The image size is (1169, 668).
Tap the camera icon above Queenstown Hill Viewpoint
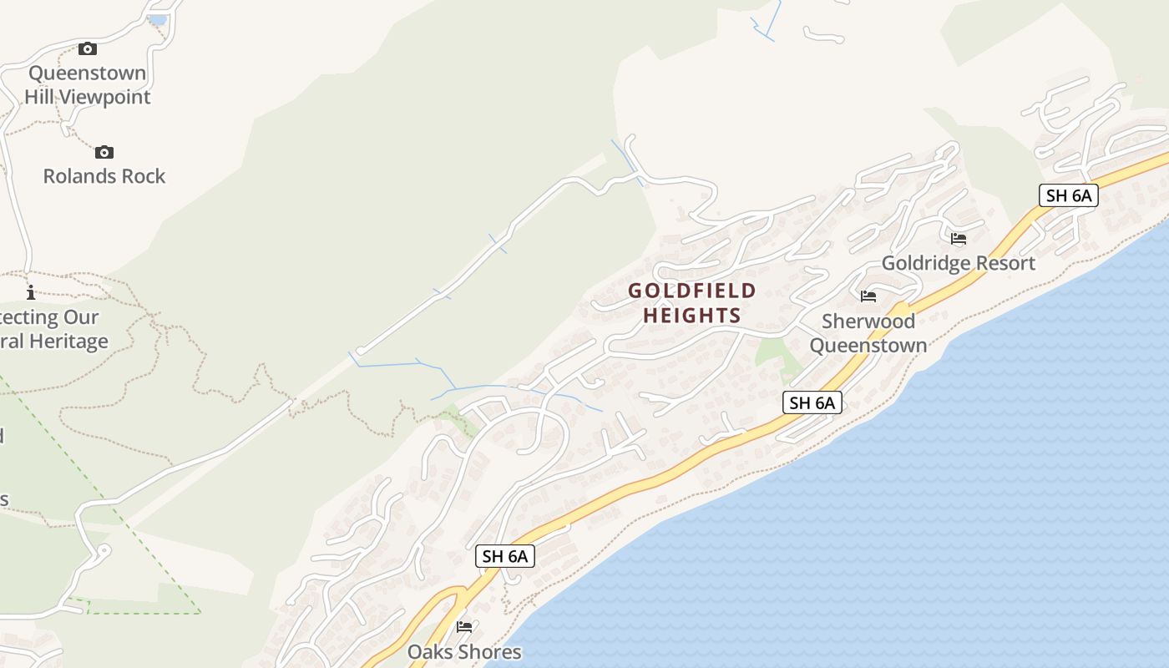[88, 48]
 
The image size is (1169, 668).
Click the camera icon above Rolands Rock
[104, 152]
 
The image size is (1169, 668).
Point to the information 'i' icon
[31, 292]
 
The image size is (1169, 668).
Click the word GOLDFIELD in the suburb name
[692, 291]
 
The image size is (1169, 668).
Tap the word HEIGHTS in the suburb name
[692, 316]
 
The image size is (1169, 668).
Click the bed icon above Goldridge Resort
[959, 239]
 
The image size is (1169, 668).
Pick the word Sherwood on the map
[868, 321]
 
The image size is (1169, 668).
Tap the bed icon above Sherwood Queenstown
[868, 296]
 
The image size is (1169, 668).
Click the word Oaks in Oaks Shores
[429, 652]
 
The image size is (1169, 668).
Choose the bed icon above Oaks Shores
[464, 627]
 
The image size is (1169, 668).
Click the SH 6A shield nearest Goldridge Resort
[1069, 195]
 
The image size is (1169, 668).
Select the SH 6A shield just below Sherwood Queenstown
[812, 402]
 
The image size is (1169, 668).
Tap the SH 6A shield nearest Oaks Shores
[505, 556]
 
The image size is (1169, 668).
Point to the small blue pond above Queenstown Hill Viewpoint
[157, 19]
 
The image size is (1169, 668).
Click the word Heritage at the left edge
[68, 342]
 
